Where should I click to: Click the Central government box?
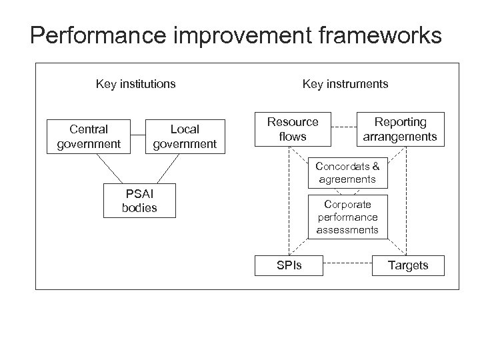(89, 136)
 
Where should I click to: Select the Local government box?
(185, 136)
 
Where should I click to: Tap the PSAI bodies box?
(140, 201)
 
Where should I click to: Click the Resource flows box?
(293, 129)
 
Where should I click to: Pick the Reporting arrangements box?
(400, 129)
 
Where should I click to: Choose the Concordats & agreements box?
(347, 173)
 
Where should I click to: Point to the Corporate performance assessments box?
(347, 217)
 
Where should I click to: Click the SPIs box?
(289, 265)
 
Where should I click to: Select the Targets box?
(408, 265)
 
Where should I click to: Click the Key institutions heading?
(136, 84)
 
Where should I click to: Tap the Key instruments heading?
(345, 84)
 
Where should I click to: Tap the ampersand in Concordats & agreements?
(375, 166)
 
